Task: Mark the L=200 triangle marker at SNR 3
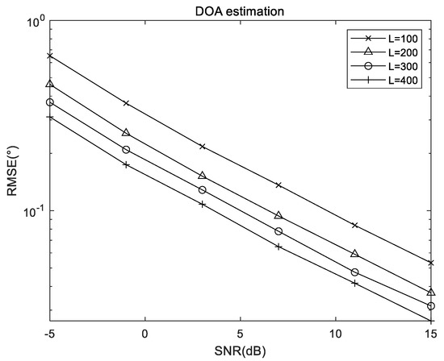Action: click(203, 176)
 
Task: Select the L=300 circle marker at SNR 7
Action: click(279, 231)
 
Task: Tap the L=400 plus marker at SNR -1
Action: click(126, 164)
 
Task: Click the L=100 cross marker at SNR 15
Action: click(431, 263)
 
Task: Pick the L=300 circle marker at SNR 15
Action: click(431, 306)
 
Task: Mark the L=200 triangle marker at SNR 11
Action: click(355, 254)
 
